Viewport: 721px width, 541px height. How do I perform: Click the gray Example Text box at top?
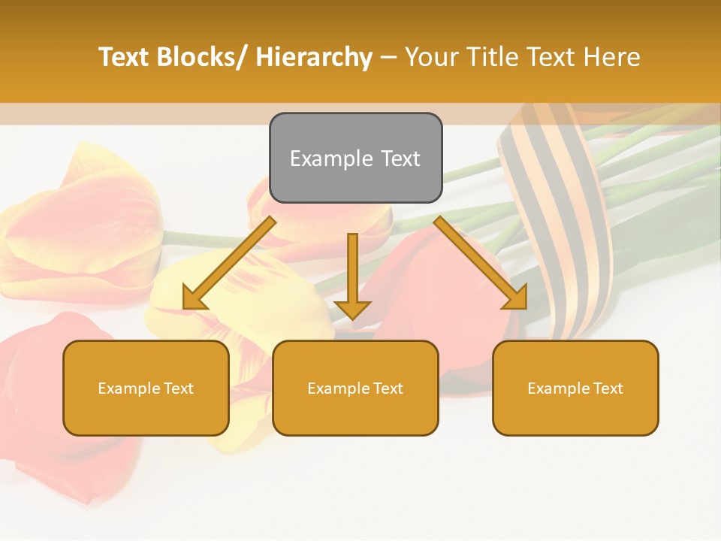click(x=355, y=158)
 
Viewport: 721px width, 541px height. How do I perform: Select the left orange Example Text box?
click(x=146, y=388)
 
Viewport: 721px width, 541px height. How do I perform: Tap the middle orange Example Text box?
click(x=355, y=388)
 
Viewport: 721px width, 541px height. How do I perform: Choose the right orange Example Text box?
click(x=575, y=388)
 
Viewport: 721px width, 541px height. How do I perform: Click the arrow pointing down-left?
click(x=229, y=264)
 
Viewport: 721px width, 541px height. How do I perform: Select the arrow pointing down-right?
click(x=481, y=263)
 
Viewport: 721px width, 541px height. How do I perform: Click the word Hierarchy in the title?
click(x=313, y=57)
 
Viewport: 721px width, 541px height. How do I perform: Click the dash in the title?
click(x=388, y=57)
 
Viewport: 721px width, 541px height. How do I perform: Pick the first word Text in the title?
click(x=123, y=57)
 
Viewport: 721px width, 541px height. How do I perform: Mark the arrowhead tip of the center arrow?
click(x=352, y=319)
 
